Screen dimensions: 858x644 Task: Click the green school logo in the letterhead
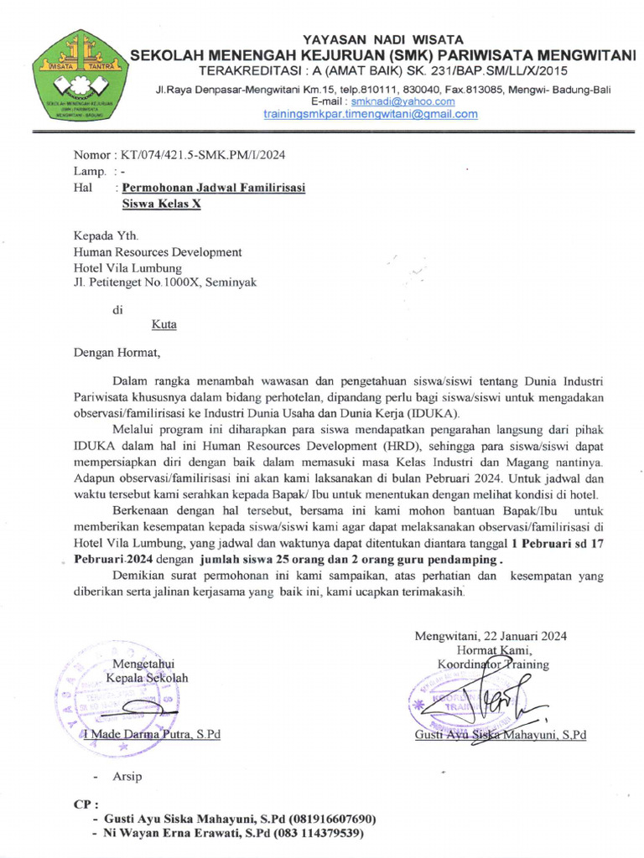(x=79, y=76)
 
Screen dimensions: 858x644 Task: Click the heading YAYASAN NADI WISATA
(x=371, y=39)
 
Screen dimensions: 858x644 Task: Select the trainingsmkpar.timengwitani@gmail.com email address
(x=371, y=114)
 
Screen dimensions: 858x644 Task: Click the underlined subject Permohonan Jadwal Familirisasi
(x=214, y=188)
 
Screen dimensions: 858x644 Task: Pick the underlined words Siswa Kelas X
(x=162, y=204)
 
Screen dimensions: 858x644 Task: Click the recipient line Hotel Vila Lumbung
(x=127, y=267)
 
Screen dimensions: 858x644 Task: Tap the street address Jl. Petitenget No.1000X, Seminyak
(x=165, y=282)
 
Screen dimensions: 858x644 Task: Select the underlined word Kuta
(x=164, y=324)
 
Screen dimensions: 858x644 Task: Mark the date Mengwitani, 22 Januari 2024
(x=491, y=636)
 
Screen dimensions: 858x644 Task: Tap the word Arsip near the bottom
(x=127, y=777)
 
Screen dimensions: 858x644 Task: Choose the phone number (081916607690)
(x=333, y=819)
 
